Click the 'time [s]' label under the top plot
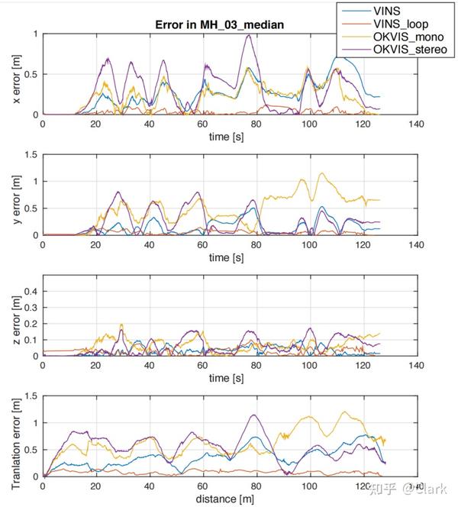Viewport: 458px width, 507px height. coord(228,137)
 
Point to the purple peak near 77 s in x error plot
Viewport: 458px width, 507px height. coord(248,35)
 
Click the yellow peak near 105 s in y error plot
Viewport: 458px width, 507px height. coord(321,173)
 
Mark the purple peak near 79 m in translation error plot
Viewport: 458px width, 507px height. coord(253,415)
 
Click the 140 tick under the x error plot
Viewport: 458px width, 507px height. coord(415,124)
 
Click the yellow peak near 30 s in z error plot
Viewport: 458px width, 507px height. coord(121,325)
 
